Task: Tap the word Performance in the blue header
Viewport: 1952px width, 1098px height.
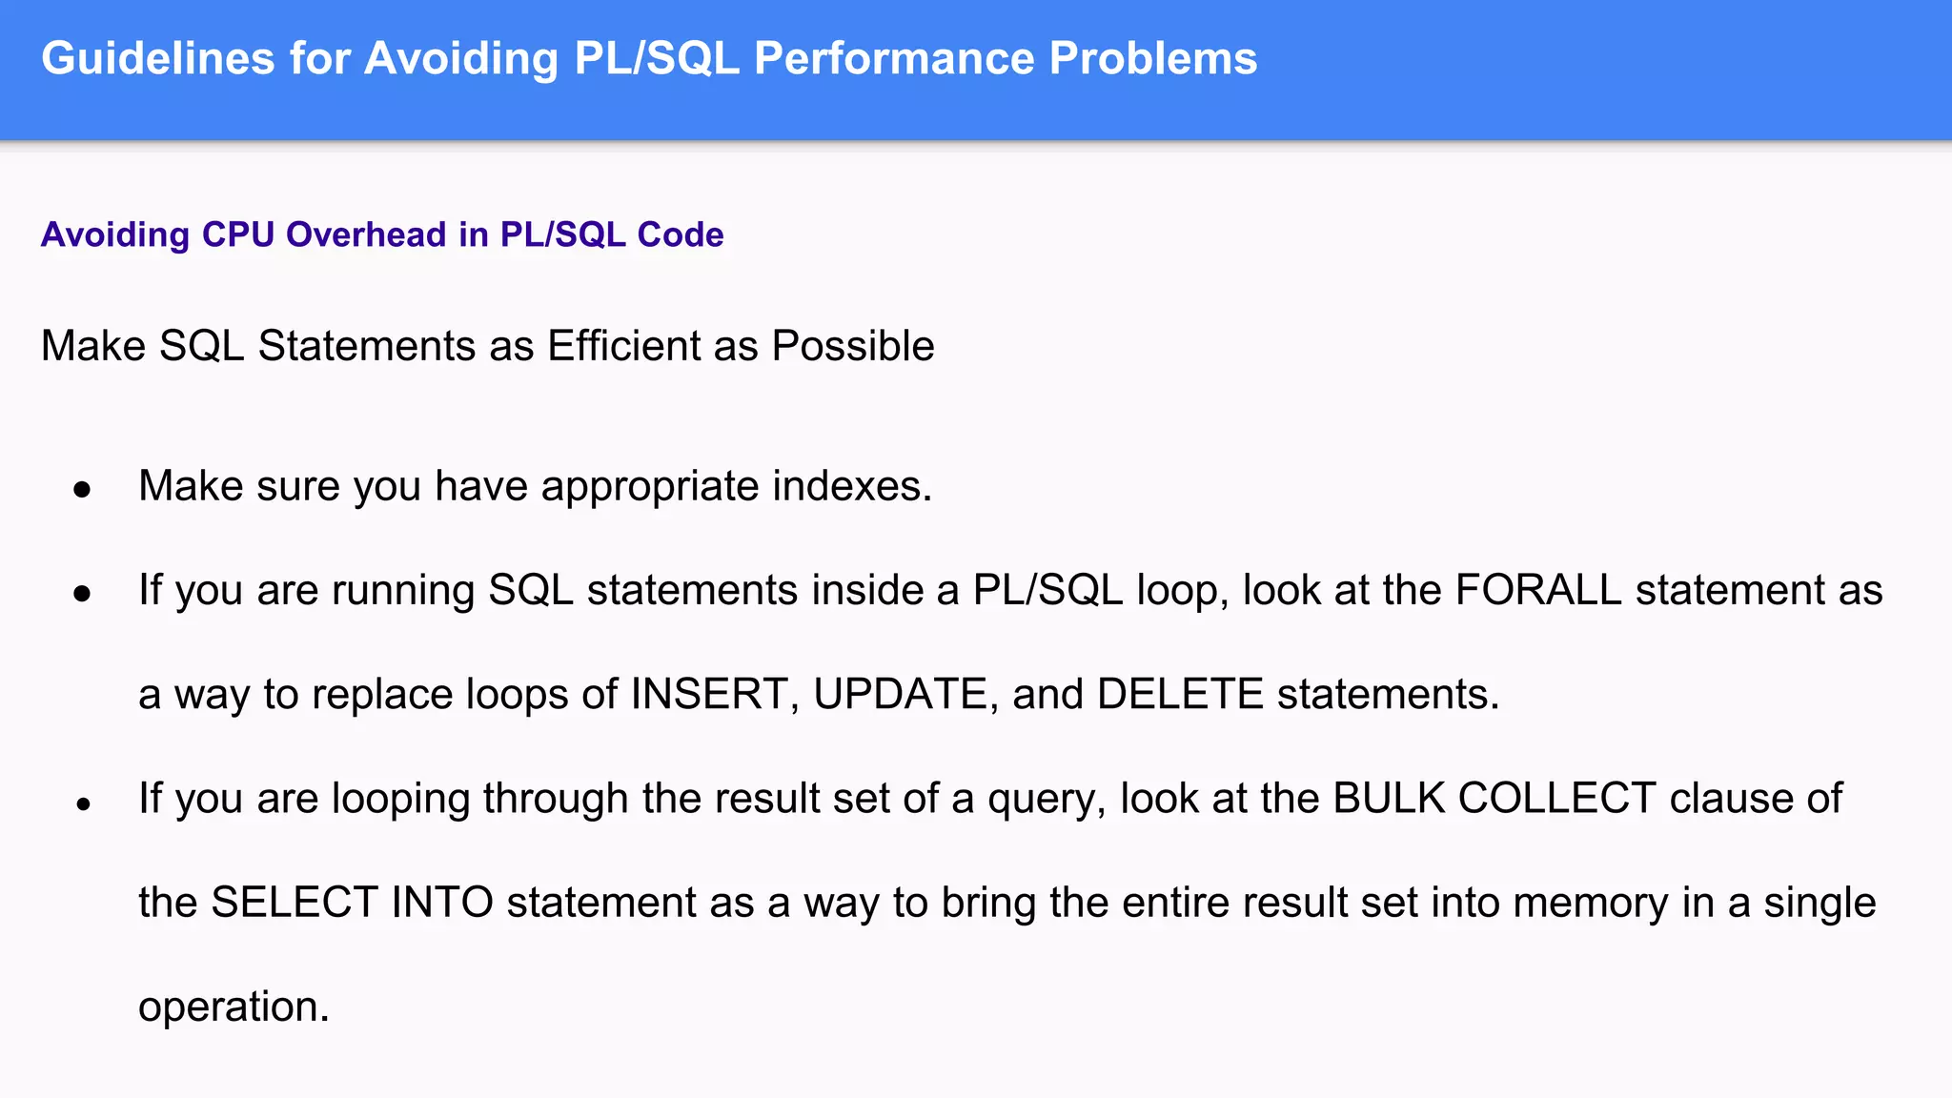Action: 893,59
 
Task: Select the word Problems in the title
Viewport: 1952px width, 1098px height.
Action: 1153,59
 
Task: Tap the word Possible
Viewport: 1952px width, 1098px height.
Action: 853,346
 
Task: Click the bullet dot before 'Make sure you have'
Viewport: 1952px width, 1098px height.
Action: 83,490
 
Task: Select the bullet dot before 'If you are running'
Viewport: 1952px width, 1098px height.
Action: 83,594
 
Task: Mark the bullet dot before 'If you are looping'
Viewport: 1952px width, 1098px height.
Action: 83,803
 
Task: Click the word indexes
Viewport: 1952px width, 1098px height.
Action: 852,486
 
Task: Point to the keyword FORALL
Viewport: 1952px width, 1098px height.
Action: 1538,590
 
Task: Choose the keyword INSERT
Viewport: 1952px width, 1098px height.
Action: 709,694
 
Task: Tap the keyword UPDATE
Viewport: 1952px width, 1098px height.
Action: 900,694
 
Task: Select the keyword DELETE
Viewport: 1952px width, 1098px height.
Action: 1180,694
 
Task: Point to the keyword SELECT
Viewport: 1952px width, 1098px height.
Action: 295,903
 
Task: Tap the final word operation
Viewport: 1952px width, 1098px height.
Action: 234,1007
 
